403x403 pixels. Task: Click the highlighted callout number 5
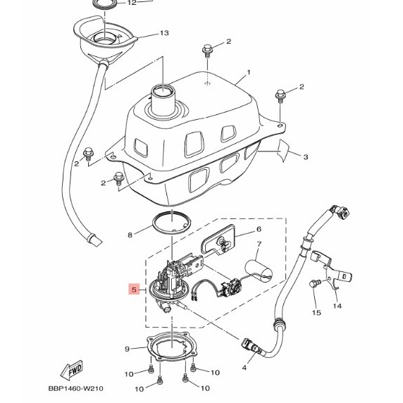[x=134, y=290]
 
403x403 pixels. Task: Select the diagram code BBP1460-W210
[x=76, y=388]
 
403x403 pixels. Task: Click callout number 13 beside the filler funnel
[x=164, y=33]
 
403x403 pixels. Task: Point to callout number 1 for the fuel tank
[x=248, y=73]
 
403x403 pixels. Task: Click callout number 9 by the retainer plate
[x=128, y=349]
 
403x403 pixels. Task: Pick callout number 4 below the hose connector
[x=244, y=368]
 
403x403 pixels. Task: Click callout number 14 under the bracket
[x=337, y=306]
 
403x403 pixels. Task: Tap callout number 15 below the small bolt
[x=316, y=313]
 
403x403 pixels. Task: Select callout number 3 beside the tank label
[x=306, y=156]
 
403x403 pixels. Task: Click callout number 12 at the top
[x=132, y=3]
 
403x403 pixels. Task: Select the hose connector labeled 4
[x=251, y=346]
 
